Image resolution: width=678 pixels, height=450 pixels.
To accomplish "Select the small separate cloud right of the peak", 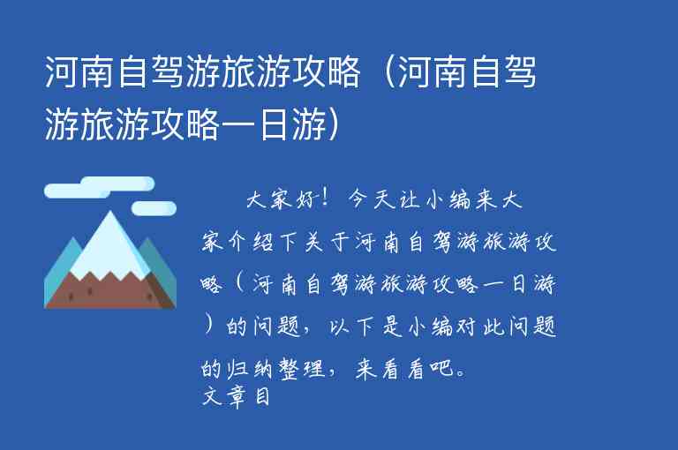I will pos(154,208).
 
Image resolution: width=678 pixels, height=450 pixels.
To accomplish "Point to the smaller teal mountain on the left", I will pos(60,274).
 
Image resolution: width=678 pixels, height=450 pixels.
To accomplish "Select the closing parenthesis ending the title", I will pos(334,126).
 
